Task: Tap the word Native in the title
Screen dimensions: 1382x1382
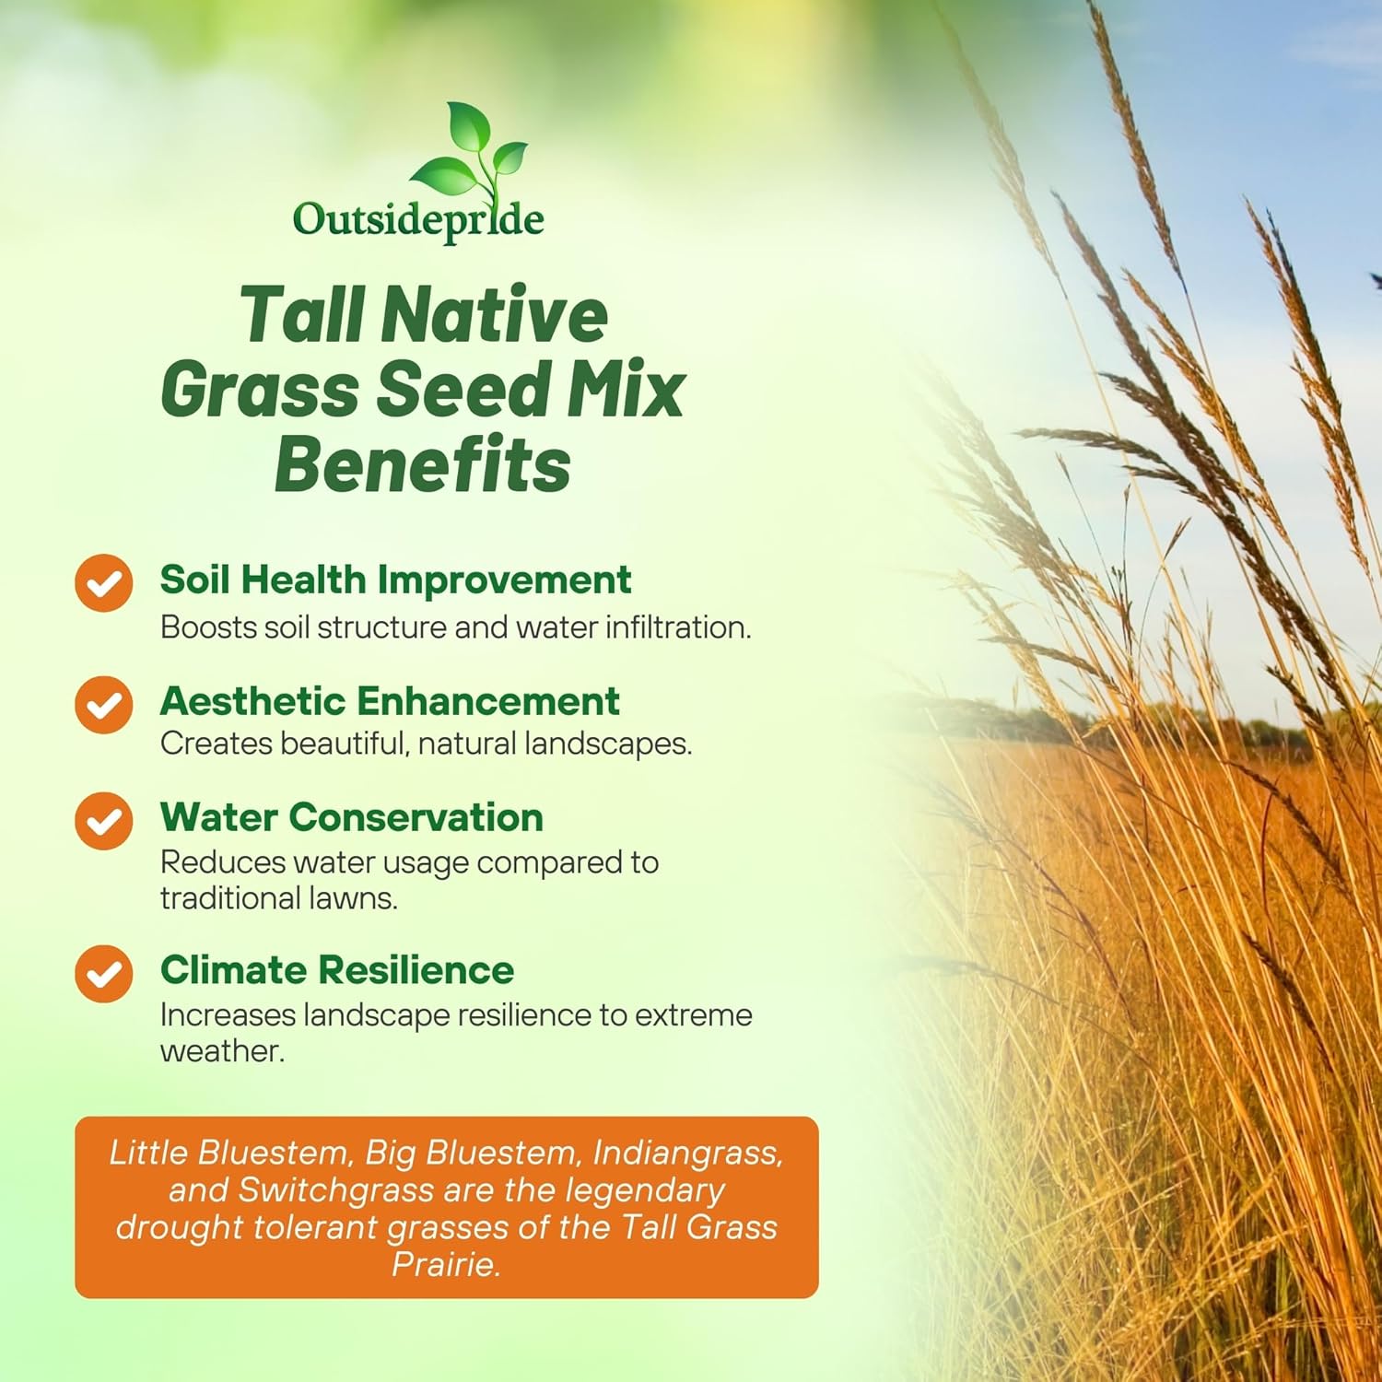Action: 494,314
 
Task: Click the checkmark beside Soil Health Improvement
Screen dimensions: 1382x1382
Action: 104,582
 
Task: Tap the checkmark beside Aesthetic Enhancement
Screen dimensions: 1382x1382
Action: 104,705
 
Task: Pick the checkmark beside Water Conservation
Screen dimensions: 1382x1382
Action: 104,820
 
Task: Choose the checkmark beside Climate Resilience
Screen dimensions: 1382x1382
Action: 104,974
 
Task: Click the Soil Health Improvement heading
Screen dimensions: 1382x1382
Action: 395,580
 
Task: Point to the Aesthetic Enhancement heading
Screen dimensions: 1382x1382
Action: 390,701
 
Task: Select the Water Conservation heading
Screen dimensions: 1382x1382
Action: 352,817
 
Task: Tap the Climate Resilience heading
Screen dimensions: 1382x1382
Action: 337,970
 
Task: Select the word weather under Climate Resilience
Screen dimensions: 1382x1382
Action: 222,1051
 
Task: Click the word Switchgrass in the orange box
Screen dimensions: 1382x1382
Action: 336,1190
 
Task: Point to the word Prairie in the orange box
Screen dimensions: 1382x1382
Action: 446,1264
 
